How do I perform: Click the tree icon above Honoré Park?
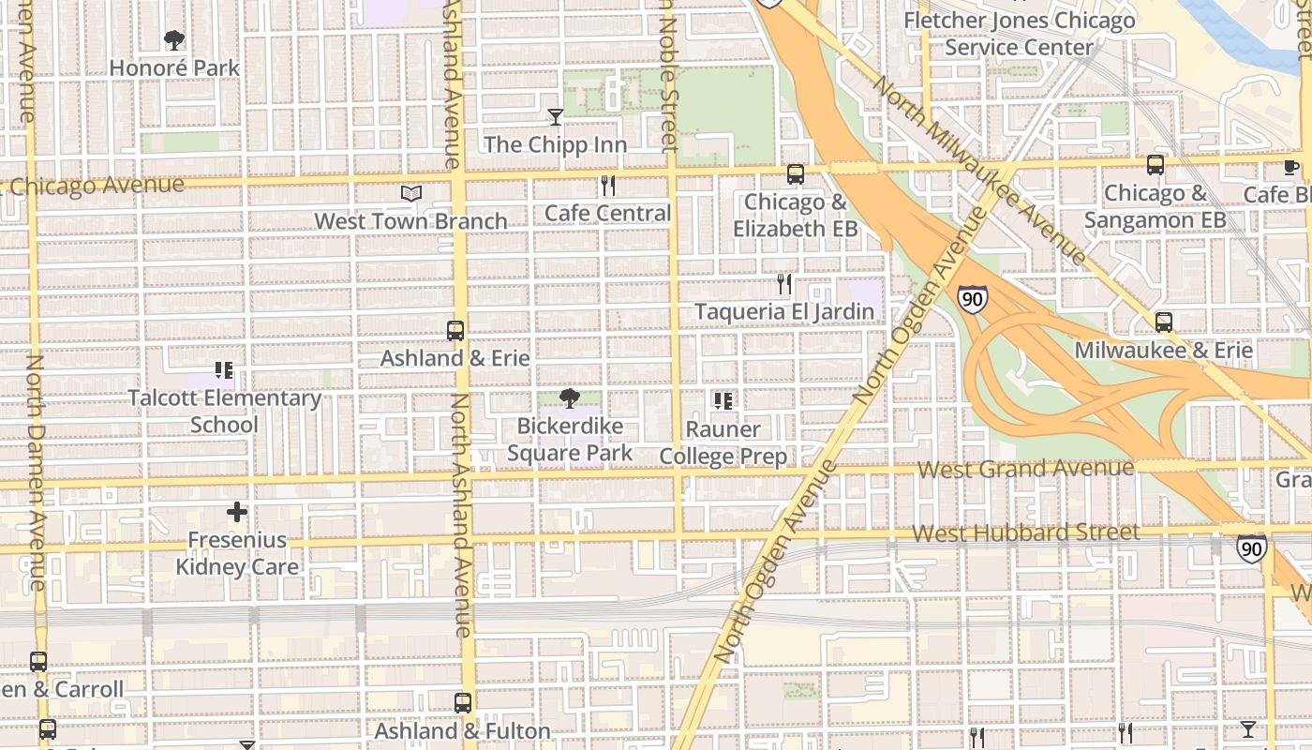click(174, 40)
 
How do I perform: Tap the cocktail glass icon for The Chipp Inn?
click(556, 117)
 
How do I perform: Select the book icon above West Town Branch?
click(410, 194)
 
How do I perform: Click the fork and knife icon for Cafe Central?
click(608, 186)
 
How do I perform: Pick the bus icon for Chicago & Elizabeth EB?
click(796, 174)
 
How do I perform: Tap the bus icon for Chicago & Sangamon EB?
click(1155, 165)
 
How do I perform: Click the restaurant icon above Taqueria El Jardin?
click(784, 284)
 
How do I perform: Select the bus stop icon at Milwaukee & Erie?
click(1163, 322)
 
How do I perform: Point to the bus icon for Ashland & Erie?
click(455, 331)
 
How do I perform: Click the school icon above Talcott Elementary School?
click(224, 371)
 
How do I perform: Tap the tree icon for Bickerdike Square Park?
click(569, 398)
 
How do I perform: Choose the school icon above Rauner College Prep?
click(723, 401)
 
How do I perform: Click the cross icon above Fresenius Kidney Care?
click(237, 512)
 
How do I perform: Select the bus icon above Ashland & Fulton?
click(463, 703)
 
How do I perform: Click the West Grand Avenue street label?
click(1025, 468)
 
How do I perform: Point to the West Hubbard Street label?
click(1025, 533)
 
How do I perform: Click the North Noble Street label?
click(668, 75)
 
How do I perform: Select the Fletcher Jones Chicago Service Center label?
click(1019, 34)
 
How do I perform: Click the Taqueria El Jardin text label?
click(783, 311)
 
